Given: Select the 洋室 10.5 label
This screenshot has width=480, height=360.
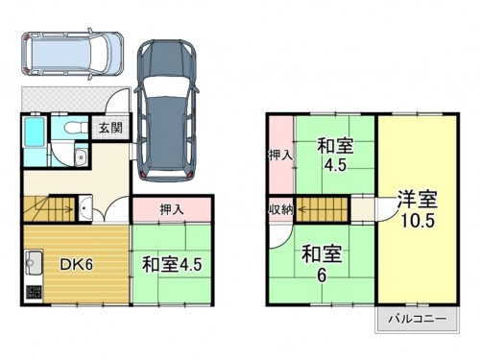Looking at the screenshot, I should pyautogui.click(x=417, y=208).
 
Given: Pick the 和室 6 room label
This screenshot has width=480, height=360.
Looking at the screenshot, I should pyautogui.click(x=322, y=264).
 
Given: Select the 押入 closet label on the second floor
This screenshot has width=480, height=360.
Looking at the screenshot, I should pyautogui.click(x=277, y=154).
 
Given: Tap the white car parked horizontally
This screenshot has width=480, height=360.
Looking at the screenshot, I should pyautogui.click(x=71, y=55).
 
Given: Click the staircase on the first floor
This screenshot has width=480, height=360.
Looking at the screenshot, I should pyautogui.click(x=48, y=208).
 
